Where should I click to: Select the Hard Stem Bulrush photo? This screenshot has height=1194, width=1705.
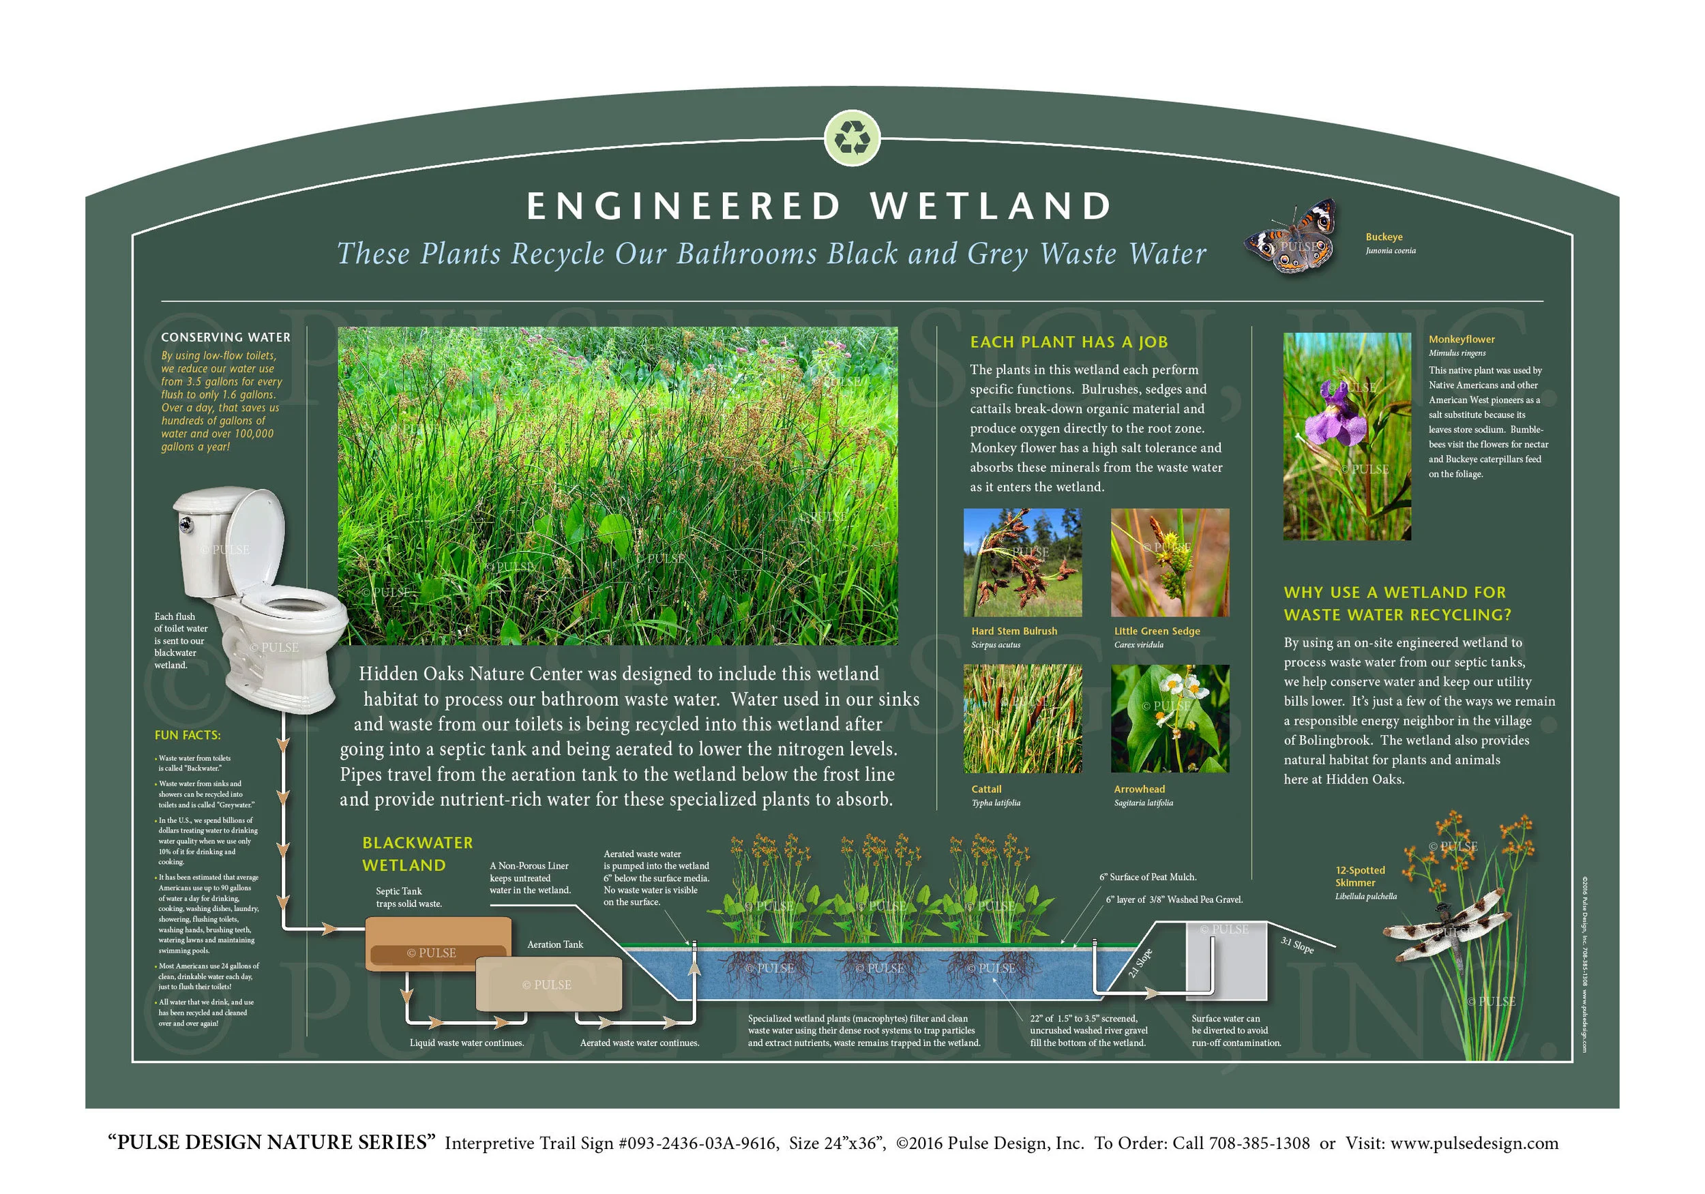pos(1022,562)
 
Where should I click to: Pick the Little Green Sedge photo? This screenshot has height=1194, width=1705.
pos(1170,562)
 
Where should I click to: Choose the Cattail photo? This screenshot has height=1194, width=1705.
pos(1022,719)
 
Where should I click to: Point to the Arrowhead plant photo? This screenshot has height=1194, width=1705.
pos(1170,719)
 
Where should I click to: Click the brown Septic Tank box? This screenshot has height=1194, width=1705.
pos(438,943)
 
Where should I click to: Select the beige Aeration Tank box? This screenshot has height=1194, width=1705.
pos(548,984)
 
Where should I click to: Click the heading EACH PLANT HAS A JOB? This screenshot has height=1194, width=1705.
pos(1069,342)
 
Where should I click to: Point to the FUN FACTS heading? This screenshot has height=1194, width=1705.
pos(187,735)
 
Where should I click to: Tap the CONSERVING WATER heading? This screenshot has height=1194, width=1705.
pos(226,337)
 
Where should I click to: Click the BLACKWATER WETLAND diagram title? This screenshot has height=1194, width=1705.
pos(417,854)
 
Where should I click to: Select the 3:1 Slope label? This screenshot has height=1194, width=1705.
pos(1297,945)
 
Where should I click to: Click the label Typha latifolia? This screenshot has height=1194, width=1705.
pos(995,803)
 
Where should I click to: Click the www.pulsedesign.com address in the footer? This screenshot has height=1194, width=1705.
pos(1474,1143)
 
